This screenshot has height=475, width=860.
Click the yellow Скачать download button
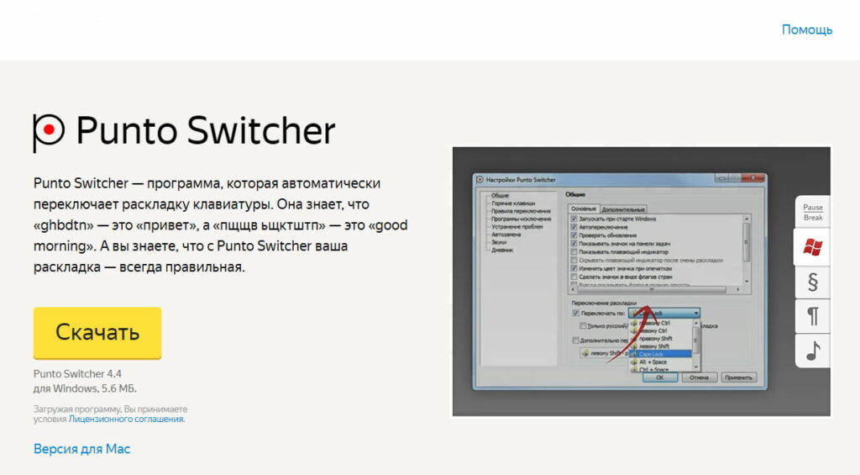point(97,332)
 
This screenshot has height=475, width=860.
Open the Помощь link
point(806,29)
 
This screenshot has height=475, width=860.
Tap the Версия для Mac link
point(81,449)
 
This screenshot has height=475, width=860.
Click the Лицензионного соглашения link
point(126,419)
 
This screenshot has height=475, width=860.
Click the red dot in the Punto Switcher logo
point(50,129)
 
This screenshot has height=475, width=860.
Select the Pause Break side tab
point(813,212)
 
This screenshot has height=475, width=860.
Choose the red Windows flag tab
point(813,247)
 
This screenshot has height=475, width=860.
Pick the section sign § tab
point(813,282)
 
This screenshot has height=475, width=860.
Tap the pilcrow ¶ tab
point(813,317)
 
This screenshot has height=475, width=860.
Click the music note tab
point(813,351)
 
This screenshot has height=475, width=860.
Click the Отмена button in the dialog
point(698,377)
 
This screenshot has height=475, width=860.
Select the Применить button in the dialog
point(738,377)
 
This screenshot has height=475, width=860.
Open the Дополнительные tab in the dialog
point(623,208)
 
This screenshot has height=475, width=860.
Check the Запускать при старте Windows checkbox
point(574,219)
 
